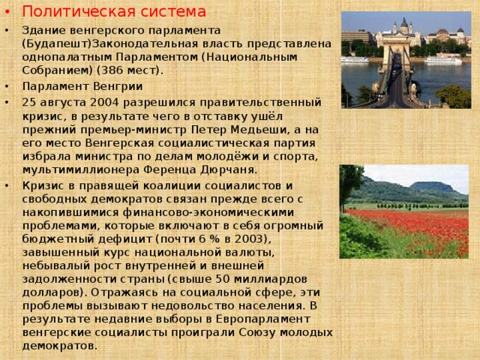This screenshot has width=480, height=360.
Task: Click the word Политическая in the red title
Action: (79, 12)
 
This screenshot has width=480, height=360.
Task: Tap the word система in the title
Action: (173, 12)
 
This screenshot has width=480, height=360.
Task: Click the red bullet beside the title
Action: (7, 12)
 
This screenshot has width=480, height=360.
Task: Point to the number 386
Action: (112, 70)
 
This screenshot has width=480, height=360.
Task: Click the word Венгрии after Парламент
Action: (118, 87)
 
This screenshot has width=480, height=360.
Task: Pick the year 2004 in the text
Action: (104, 102)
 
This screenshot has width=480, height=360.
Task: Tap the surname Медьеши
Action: (259, 130)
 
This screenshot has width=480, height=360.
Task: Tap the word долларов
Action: (51, 292)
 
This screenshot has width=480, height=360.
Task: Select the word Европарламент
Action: (263, 319)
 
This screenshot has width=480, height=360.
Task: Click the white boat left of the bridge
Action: (355, 59)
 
